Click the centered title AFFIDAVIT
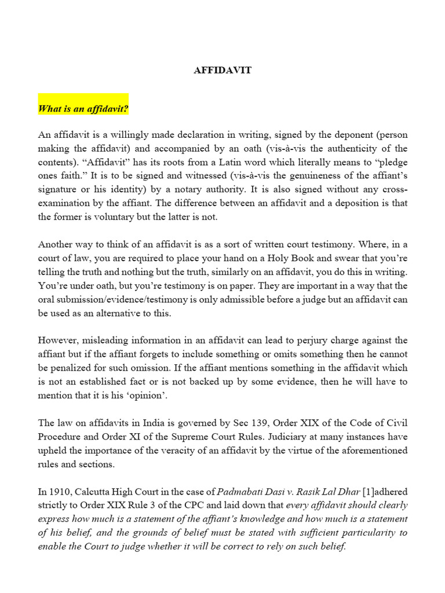point(222,70)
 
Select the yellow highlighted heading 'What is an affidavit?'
point(83,108)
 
